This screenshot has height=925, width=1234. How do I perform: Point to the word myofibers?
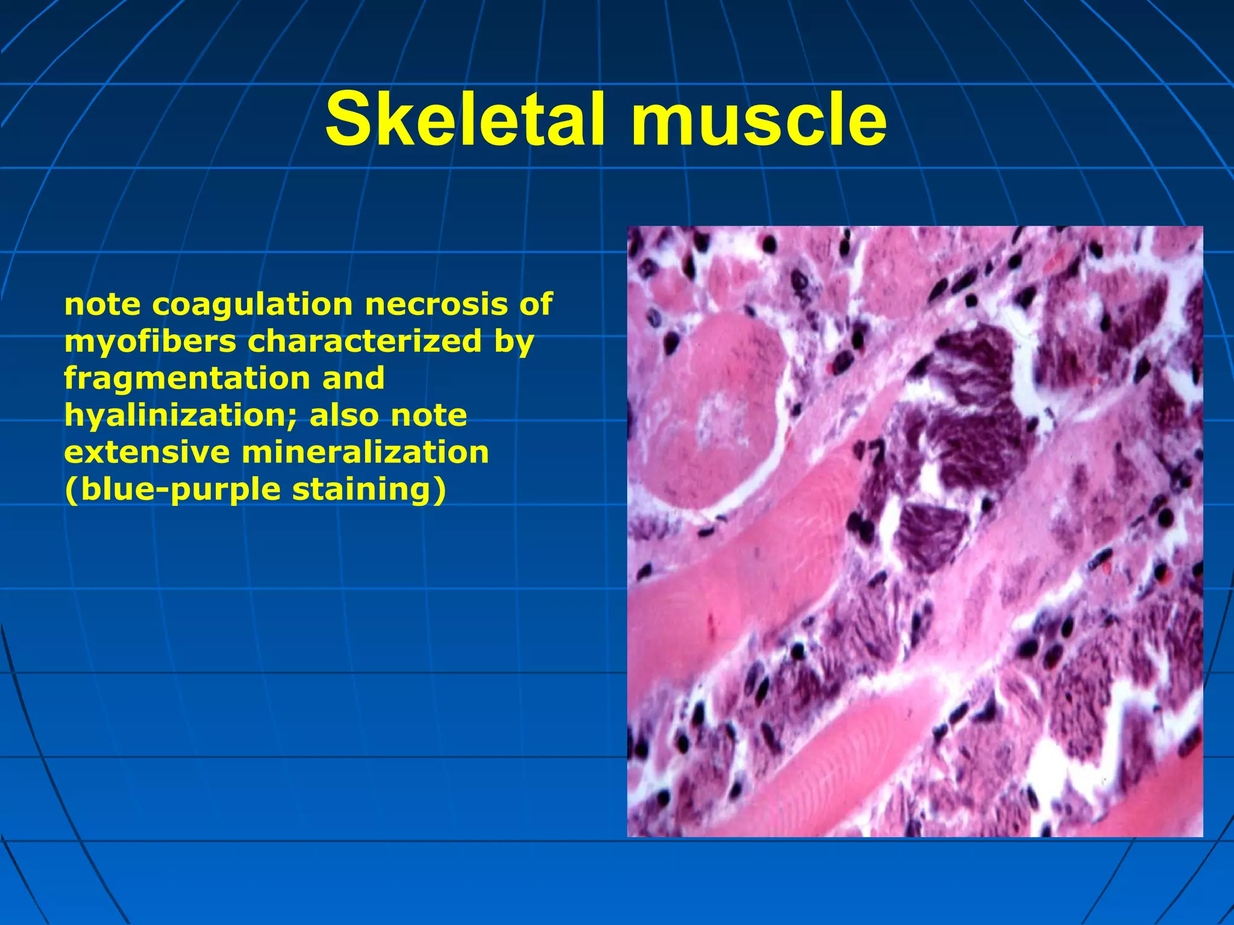coord(150,342)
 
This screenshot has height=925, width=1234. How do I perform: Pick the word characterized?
coord(365,341)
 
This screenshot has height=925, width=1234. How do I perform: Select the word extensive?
coord(146,452)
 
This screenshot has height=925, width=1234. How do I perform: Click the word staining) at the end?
coord(369,490)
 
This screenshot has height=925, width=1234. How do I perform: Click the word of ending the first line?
coord(535,305)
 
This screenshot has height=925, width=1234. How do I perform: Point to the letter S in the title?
coord(348,119)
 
